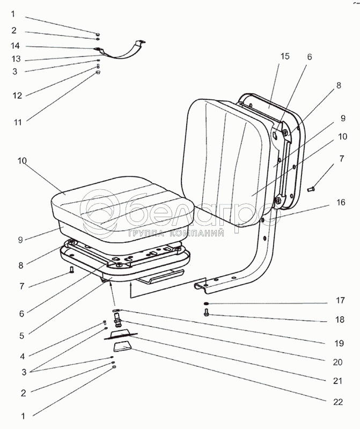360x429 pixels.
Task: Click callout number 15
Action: (x=284, y=56)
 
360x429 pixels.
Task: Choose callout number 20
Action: (x=337, y=362)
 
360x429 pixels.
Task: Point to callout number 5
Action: (x=22, y=336)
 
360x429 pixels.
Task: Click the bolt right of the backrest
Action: (x=312, y=188)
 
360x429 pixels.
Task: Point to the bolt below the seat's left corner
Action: (x=71, y=270)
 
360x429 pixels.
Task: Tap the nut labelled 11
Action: (x=98, y=72)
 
